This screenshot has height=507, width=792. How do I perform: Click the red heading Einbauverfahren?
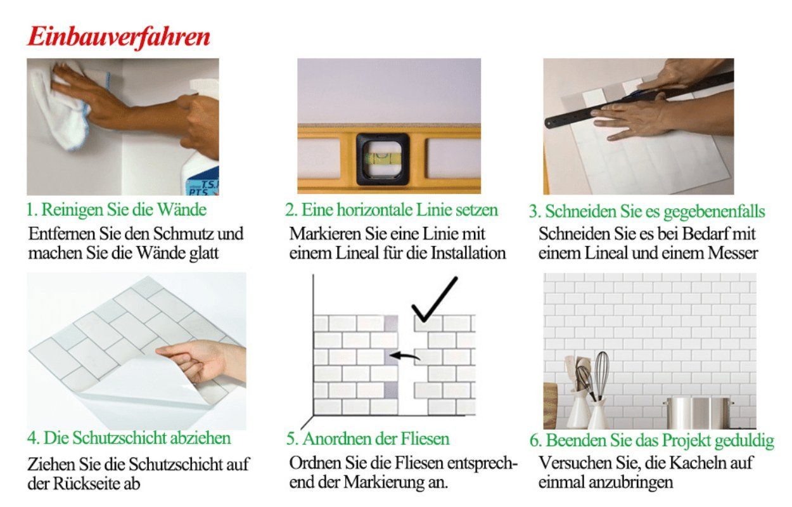[x=119, y=37]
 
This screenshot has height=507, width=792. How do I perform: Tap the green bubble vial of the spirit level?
[x=383, y=158]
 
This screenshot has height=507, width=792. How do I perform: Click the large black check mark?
[x=435, y=299]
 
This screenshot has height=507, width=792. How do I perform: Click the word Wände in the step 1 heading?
[x=182, y=210]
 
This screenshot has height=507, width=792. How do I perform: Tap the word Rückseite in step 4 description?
[x=86, y=484]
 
